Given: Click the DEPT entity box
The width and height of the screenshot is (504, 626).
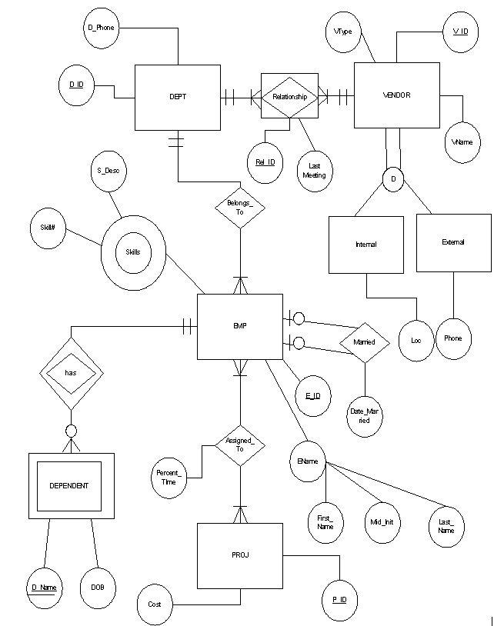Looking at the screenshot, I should [x=177, y=97].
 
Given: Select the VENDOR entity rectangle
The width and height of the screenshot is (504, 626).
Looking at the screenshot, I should [x=396, y=95].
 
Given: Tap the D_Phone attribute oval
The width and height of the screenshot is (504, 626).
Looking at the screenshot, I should [x=101, y=28].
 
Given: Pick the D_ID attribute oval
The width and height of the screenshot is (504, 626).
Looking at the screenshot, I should [x=76, y=84].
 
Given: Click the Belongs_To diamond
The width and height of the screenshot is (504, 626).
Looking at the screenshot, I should [x=239, y=207].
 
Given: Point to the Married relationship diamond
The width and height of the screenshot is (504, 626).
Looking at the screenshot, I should [x=364, y=341].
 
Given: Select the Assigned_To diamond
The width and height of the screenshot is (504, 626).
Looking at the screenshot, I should [x=239, y=444].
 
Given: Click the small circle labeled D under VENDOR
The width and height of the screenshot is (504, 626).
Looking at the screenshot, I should [x=393, y=179].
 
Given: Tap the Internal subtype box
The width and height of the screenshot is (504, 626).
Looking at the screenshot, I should [x=365, y=245].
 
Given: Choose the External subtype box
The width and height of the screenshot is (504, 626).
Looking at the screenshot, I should [x=453, y=242].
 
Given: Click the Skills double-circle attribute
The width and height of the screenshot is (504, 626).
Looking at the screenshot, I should [x=133, y=252].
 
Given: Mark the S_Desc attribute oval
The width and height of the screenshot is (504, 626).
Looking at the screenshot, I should [x=108, y=171].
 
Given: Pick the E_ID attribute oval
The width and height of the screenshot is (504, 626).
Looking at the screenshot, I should [x=312, y=396].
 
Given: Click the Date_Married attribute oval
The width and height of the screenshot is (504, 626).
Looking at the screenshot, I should [x=365, y=416].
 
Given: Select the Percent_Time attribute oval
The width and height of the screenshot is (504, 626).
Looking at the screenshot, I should [x=169, y=476].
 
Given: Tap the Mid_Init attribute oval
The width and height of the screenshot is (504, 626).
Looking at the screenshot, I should [x=382, y=523].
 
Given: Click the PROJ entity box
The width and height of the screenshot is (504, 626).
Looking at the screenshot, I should [x=239, y=555].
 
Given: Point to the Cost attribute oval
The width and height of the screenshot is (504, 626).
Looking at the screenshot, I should [x=155, y=604].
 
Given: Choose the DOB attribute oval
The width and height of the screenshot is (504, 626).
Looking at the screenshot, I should [x=98, y=588].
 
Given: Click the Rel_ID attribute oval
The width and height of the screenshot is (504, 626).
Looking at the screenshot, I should [x=265, y=162].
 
